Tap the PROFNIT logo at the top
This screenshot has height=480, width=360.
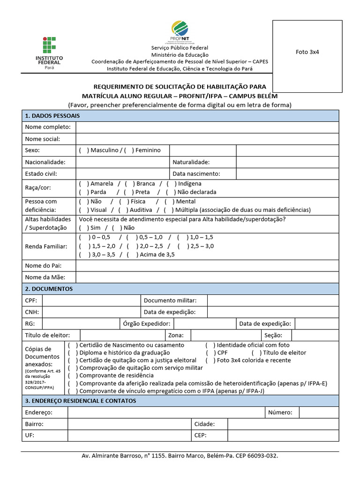pos(180,32)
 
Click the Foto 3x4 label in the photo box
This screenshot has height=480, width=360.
pos(307,52)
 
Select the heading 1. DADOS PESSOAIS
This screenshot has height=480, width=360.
pos(52,115)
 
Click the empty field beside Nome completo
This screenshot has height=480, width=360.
pos(207,127)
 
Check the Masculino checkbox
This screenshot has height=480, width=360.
pos(83,150)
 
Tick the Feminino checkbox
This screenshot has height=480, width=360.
pos(129,150)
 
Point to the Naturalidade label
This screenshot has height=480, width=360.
pos(191,162)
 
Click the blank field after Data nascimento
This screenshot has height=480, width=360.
pos(287,174)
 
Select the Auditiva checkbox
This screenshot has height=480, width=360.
pos(123,210)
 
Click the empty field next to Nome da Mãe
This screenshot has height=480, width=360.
pos(207,277)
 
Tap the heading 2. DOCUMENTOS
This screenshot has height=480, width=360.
pos(49,289)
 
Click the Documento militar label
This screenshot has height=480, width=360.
pos(170,300)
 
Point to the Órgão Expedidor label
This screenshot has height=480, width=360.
pos(147,324)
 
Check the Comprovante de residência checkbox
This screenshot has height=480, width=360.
pos(72,375)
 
